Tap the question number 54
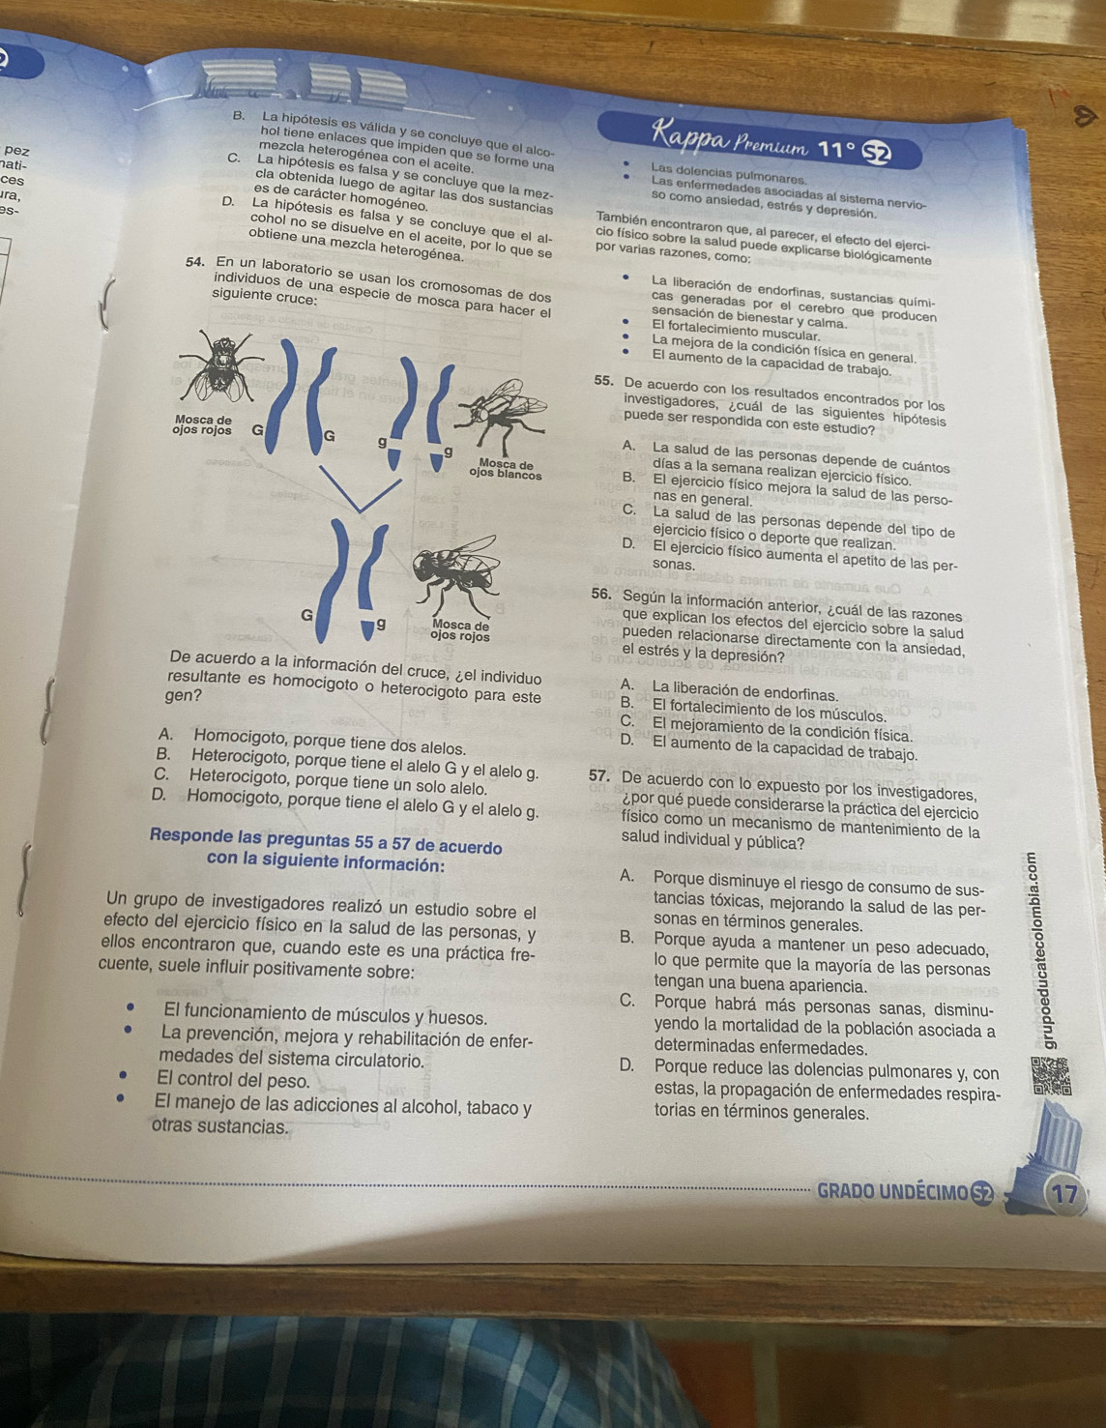click(196, 262)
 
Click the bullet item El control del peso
click(232, 1080)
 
